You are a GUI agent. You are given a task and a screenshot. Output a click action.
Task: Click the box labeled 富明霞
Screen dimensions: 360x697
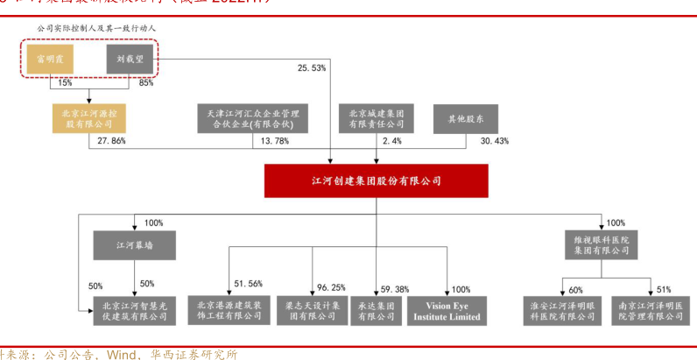[x=48, y=60]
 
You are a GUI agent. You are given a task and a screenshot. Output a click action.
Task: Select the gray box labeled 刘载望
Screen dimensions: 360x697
[x=130, y=60]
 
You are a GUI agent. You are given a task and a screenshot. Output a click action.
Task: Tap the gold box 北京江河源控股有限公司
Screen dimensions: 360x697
[x=89, y=118]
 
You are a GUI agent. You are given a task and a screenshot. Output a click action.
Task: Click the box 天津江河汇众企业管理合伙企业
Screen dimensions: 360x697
[x=246, y=118]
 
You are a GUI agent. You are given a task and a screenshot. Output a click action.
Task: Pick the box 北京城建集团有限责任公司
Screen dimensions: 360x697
[x=376, y=118]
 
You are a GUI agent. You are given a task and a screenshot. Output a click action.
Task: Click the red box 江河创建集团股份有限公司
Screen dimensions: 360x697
[x=377, y=181]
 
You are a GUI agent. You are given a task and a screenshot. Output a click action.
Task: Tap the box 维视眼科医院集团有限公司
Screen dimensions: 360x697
[x=602, y=244]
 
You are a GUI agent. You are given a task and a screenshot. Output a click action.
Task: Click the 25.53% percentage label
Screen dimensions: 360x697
[x=312, y=67]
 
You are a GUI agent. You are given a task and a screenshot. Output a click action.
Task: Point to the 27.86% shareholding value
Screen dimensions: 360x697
[x=113, y=140]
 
